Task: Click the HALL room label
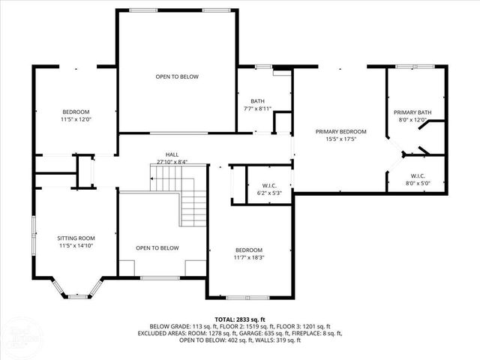point(172,154)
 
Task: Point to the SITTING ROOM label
point(76,238)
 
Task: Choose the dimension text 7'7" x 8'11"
point(257,109)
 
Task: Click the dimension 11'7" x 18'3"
point(248,257)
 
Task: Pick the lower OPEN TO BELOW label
point(157,247)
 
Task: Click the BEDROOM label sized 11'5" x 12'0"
point(76,112)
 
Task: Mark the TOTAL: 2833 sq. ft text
point(239,319)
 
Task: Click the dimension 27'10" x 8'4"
point(172,161)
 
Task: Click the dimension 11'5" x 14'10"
point(76,245)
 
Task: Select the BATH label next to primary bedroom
point(257,101)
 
